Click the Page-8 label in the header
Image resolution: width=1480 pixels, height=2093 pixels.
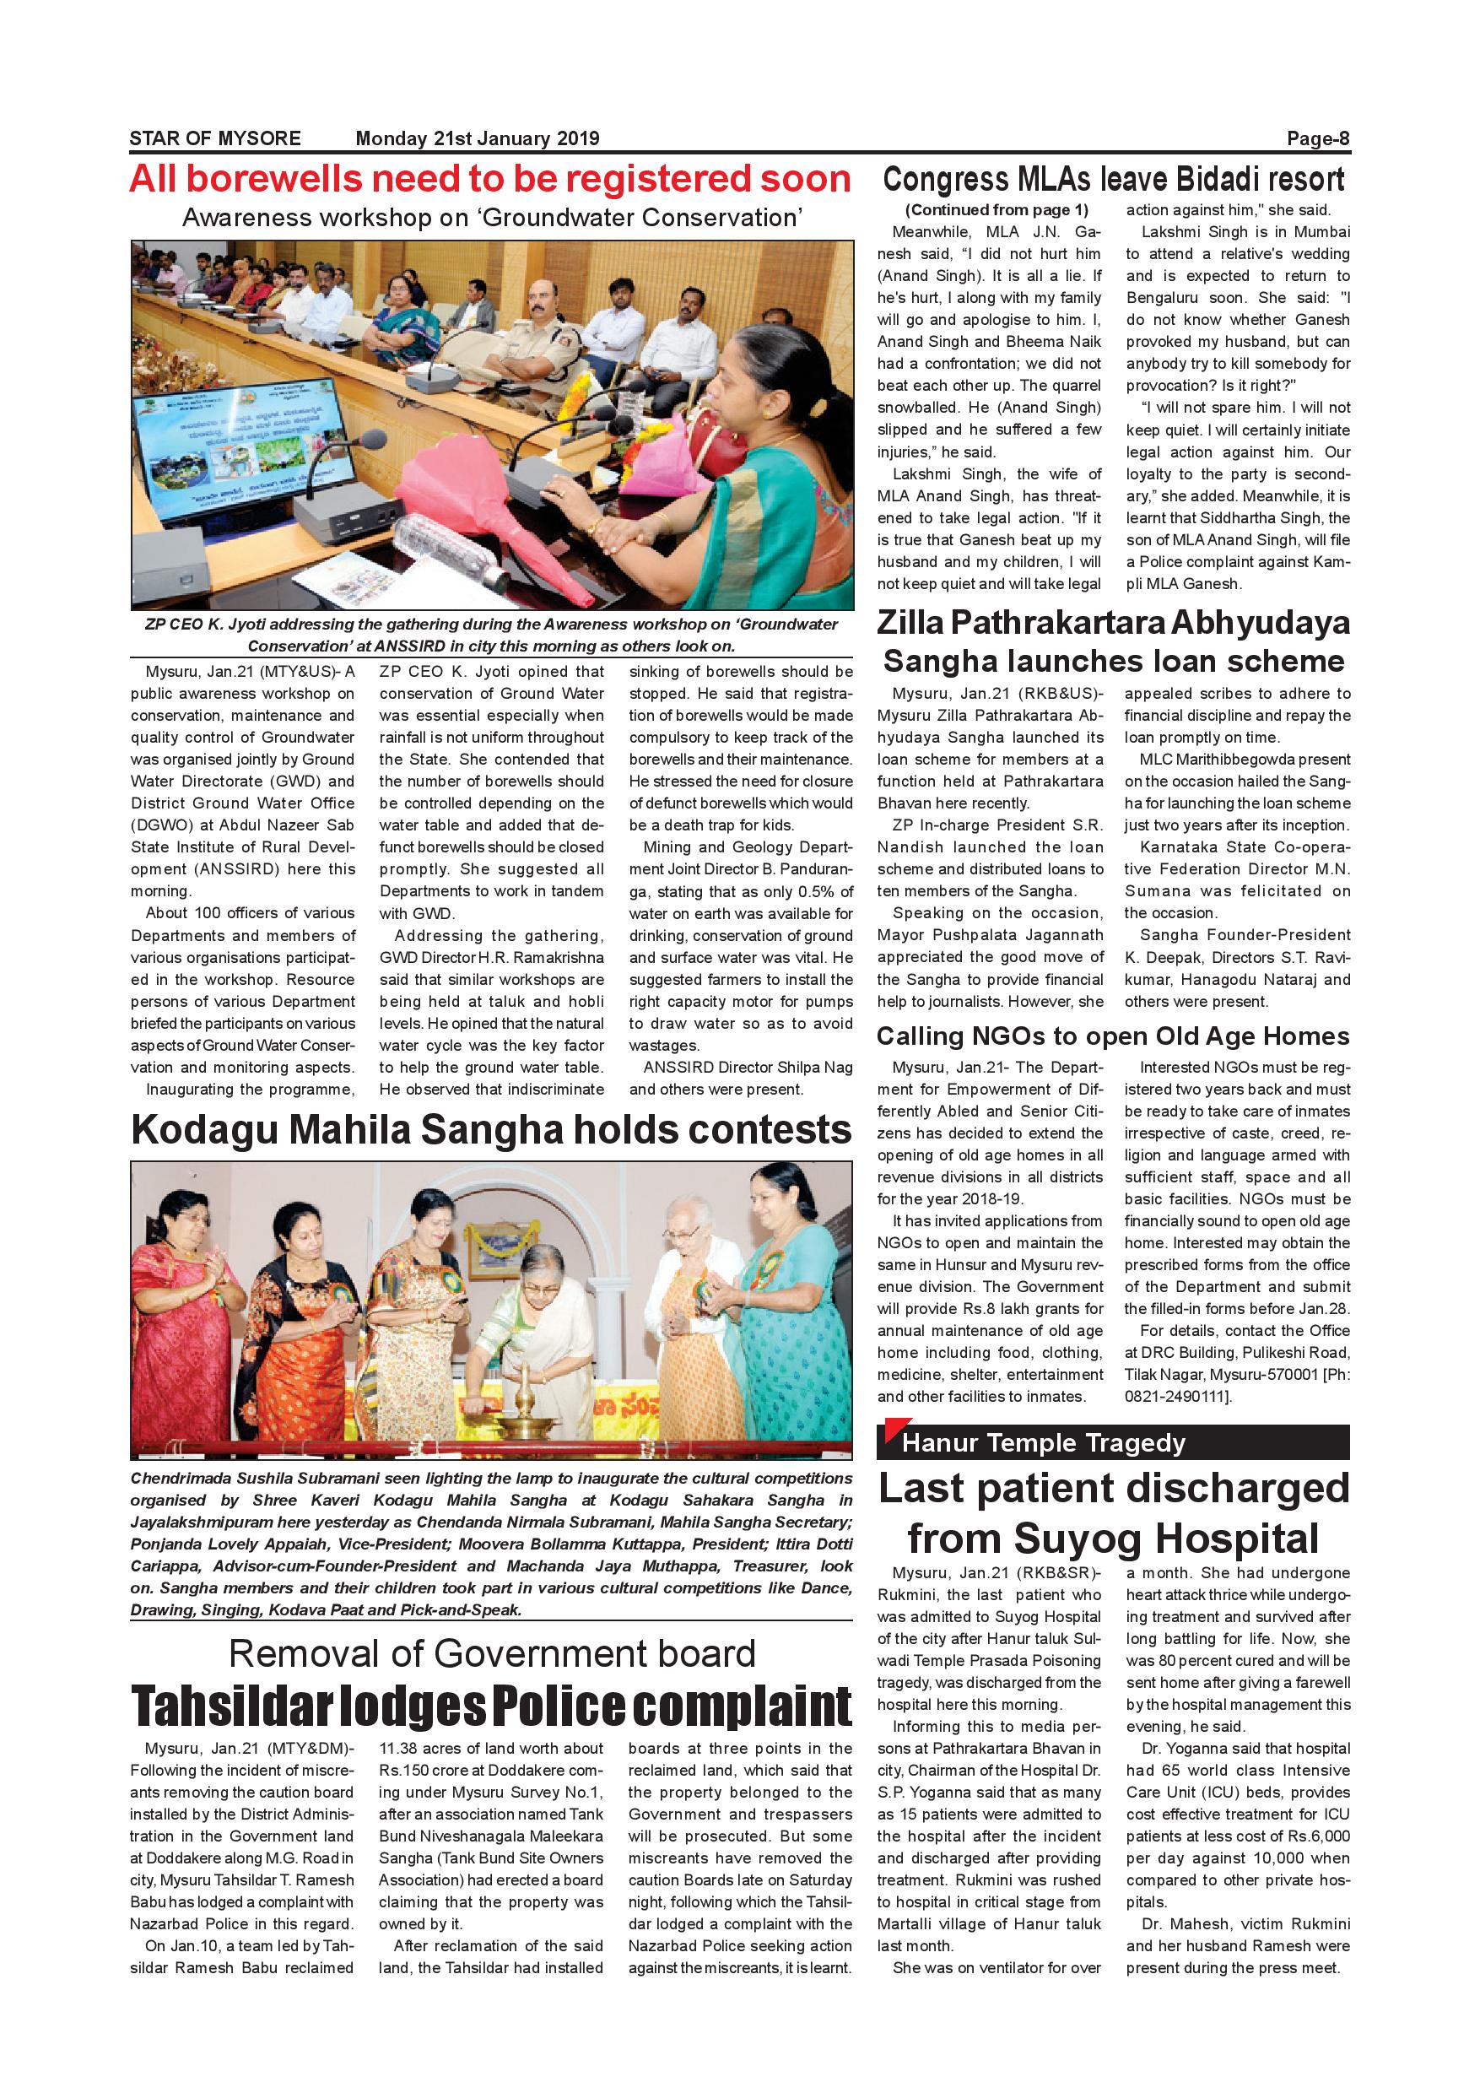pyautogui.click(x=1318, y=138)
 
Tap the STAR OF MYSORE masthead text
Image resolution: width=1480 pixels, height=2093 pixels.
pyautogui.click(x=215, y=138)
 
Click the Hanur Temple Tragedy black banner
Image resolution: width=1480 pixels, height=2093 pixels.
pyautogui.click(x=1113, y=1442)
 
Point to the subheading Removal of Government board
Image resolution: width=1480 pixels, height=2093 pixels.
pyautogui.click(x=492, y=1653)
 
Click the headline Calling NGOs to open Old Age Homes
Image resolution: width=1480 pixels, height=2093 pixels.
pyautogui.click(x=1113, y=1036)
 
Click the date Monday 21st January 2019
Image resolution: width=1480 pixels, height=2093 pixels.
pyautogui.click(x=478, y=138)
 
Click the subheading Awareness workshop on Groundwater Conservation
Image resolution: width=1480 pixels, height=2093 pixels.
pyautogui.click(x=492, y=218)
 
